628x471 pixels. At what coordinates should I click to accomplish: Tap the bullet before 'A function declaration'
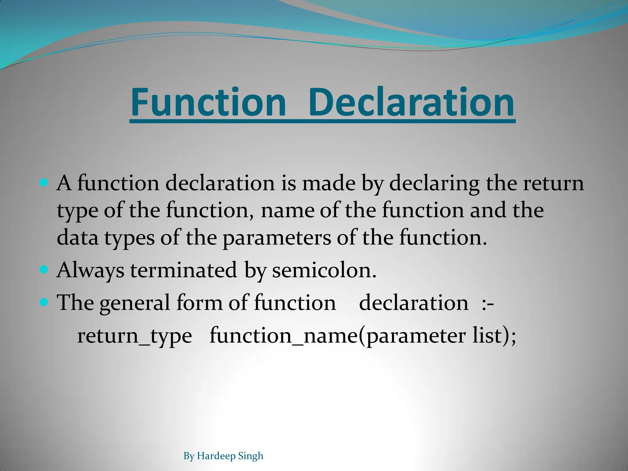[x=44, y=183]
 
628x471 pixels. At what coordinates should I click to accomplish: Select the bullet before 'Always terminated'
[x=44, y=270]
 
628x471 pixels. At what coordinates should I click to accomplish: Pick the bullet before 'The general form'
[x=44, y=303]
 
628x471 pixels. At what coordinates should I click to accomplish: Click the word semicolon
[x=324, y=270]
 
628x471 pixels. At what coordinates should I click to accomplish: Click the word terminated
[x=183, y=270]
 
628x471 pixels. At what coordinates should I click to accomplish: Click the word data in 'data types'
[x=78, y=238]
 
